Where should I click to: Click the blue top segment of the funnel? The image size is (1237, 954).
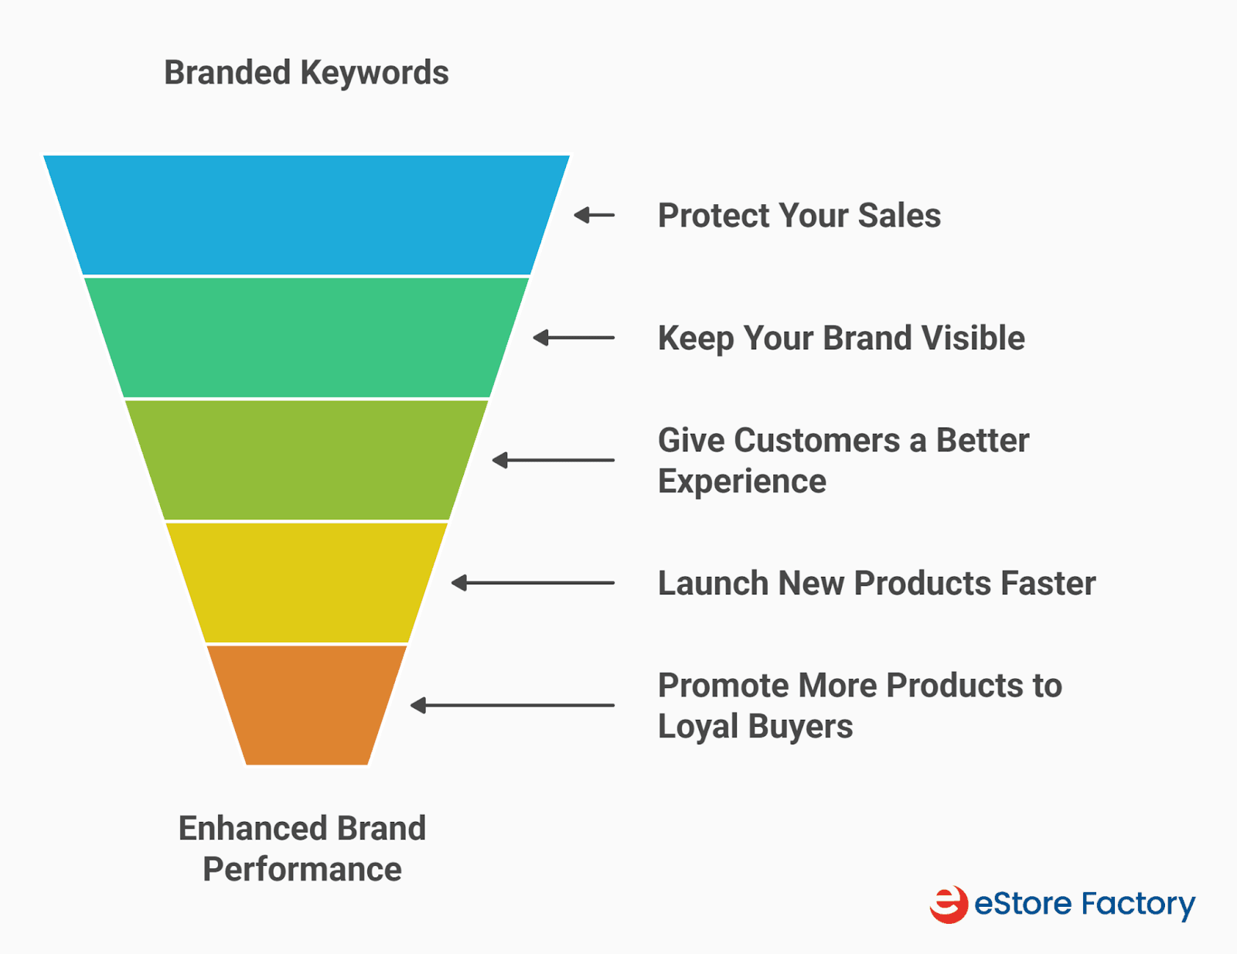306,215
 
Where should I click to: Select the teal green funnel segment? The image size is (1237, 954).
306,337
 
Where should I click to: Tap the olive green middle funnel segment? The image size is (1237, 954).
306,460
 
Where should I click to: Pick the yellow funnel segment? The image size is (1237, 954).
306,582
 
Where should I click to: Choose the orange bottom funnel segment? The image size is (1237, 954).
306,705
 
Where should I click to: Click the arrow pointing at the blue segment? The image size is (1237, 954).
594,215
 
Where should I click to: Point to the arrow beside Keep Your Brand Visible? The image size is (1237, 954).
573,338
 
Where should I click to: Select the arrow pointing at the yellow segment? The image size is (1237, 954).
532,583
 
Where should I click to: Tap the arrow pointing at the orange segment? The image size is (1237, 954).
512,705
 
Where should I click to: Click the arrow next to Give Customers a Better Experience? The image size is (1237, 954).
553,460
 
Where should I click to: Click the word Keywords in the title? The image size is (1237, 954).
374,73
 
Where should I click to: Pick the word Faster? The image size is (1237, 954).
1048,583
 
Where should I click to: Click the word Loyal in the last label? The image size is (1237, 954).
698,727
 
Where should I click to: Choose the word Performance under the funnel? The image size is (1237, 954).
302,869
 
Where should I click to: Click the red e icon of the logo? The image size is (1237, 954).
949,905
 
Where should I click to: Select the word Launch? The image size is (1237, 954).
714,583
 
